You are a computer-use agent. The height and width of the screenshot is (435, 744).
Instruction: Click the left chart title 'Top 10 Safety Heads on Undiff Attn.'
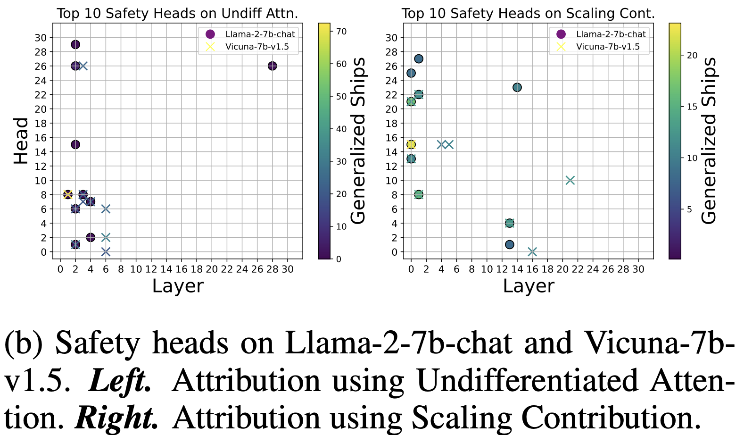click(177, 13)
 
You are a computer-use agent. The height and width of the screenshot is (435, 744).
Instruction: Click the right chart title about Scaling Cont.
click(528, 13)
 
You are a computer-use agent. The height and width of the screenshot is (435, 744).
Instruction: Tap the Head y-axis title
click(21, 141)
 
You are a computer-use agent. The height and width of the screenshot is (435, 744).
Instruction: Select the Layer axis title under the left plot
click(178, 286)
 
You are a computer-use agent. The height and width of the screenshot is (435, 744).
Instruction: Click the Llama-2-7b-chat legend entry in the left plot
click(260, 34)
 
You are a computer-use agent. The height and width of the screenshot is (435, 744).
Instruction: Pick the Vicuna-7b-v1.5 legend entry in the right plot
click(608, 46)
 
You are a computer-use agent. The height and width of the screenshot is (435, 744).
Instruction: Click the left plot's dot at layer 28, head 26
click(272, 66)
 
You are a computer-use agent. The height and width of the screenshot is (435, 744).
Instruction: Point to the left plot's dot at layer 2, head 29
click(75, 45)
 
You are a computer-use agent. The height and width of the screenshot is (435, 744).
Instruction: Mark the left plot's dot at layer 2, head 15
click(75, 144)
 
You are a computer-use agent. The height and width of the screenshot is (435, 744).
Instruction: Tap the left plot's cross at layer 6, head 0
click(106, 251)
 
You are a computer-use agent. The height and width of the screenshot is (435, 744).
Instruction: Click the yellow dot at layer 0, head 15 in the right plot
click(411, 144)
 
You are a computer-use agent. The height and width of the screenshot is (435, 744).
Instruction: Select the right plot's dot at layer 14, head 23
click(517, 87)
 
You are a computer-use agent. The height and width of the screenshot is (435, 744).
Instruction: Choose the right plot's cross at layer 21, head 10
click(570, 180)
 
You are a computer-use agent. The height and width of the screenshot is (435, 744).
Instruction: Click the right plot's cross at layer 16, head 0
click(532, 251)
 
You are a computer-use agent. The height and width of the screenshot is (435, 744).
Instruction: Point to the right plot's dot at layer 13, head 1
click(510, 244)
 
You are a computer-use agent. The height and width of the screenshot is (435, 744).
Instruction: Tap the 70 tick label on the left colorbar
click(341, 31)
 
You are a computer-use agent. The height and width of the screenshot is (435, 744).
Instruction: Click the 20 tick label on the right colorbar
click(692, 55)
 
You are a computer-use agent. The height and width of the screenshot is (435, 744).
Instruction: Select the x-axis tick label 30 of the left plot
click(288, 269)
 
